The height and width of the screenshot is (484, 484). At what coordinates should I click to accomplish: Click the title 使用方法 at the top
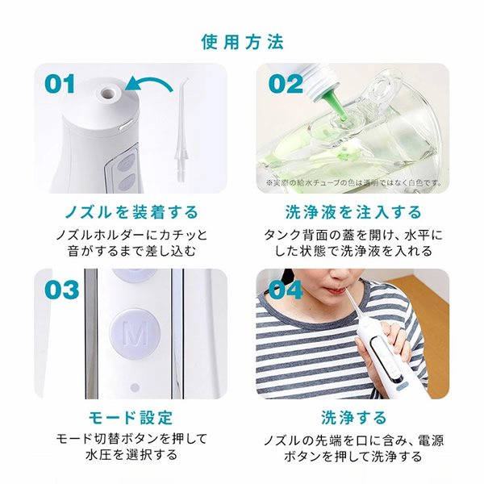242,42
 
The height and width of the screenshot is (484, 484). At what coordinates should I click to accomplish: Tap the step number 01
60,84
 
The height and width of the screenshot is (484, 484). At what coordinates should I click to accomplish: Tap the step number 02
286,84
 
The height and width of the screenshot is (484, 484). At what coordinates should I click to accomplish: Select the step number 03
62,290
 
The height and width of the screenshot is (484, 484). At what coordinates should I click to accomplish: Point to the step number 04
286,290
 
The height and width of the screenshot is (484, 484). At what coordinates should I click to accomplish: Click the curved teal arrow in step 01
152,81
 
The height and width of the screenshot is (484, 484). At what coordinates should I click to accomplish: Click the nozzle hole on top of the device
108,92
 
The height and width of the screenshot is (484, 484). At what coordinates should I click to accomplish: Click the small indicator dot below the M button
135,387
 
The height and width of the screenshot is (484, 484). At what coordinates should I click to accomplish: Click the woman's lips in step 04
338,290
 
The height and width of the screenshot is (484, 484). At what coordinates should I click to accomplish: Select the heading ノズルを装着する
131,212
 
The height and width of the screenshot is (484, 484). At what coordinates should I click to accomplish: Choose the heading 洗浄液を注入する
353,212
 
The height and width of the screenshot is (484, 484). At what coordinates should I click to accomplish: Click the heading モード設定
131,418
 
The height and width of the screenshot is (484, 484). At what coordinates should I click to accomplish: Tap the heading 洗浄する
354,418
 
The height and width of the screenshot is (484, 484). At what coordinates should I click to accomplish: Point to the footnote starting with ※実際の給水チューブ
353,183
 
